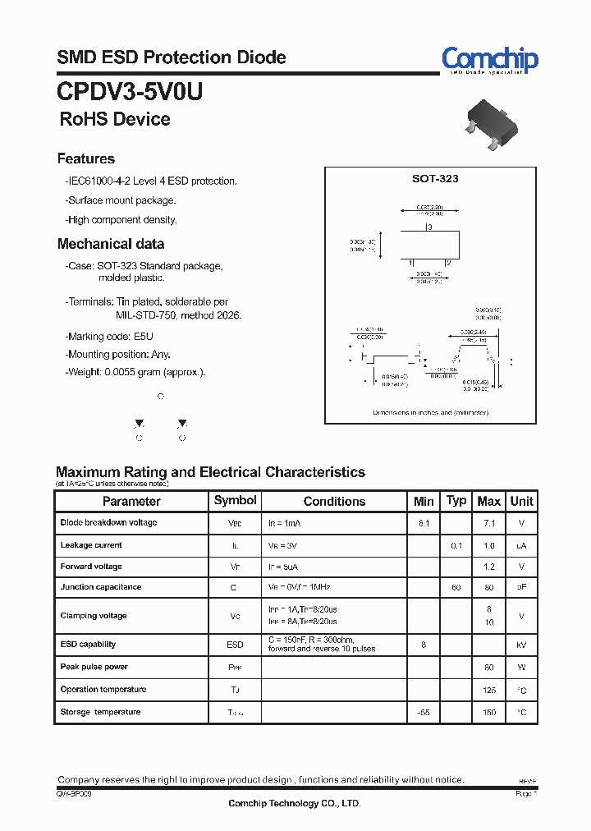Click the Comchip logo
[x=489, y=60]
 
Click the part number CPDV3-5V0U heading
[x=130, y=91]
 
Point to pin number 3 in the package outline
[x=428, y=227]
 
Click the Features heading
[x=86, y=158]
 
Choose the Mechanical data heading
[x=111, y=244]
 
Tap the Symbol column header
[x=235, y=500]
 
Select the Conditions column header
[x=334, y=501]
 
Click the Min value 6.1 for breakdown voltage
[x=424, y=523]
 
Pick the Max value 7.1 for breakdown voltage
[x=488, y=523]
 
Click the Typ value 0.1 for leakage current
[x=456, y=545]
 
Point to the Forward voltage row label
[x=91, y=567]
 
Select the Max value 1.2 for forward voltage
[x=488, y=567]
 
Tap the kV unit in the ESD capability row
[x=521, y=645]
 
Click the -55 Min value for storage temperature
[x=424, y=712]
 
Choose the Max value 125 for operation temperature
[x=488, y=690]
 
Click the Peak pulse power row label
[x=94, y=667]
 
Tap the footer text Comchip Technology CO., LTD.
[x=294, y=804]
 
